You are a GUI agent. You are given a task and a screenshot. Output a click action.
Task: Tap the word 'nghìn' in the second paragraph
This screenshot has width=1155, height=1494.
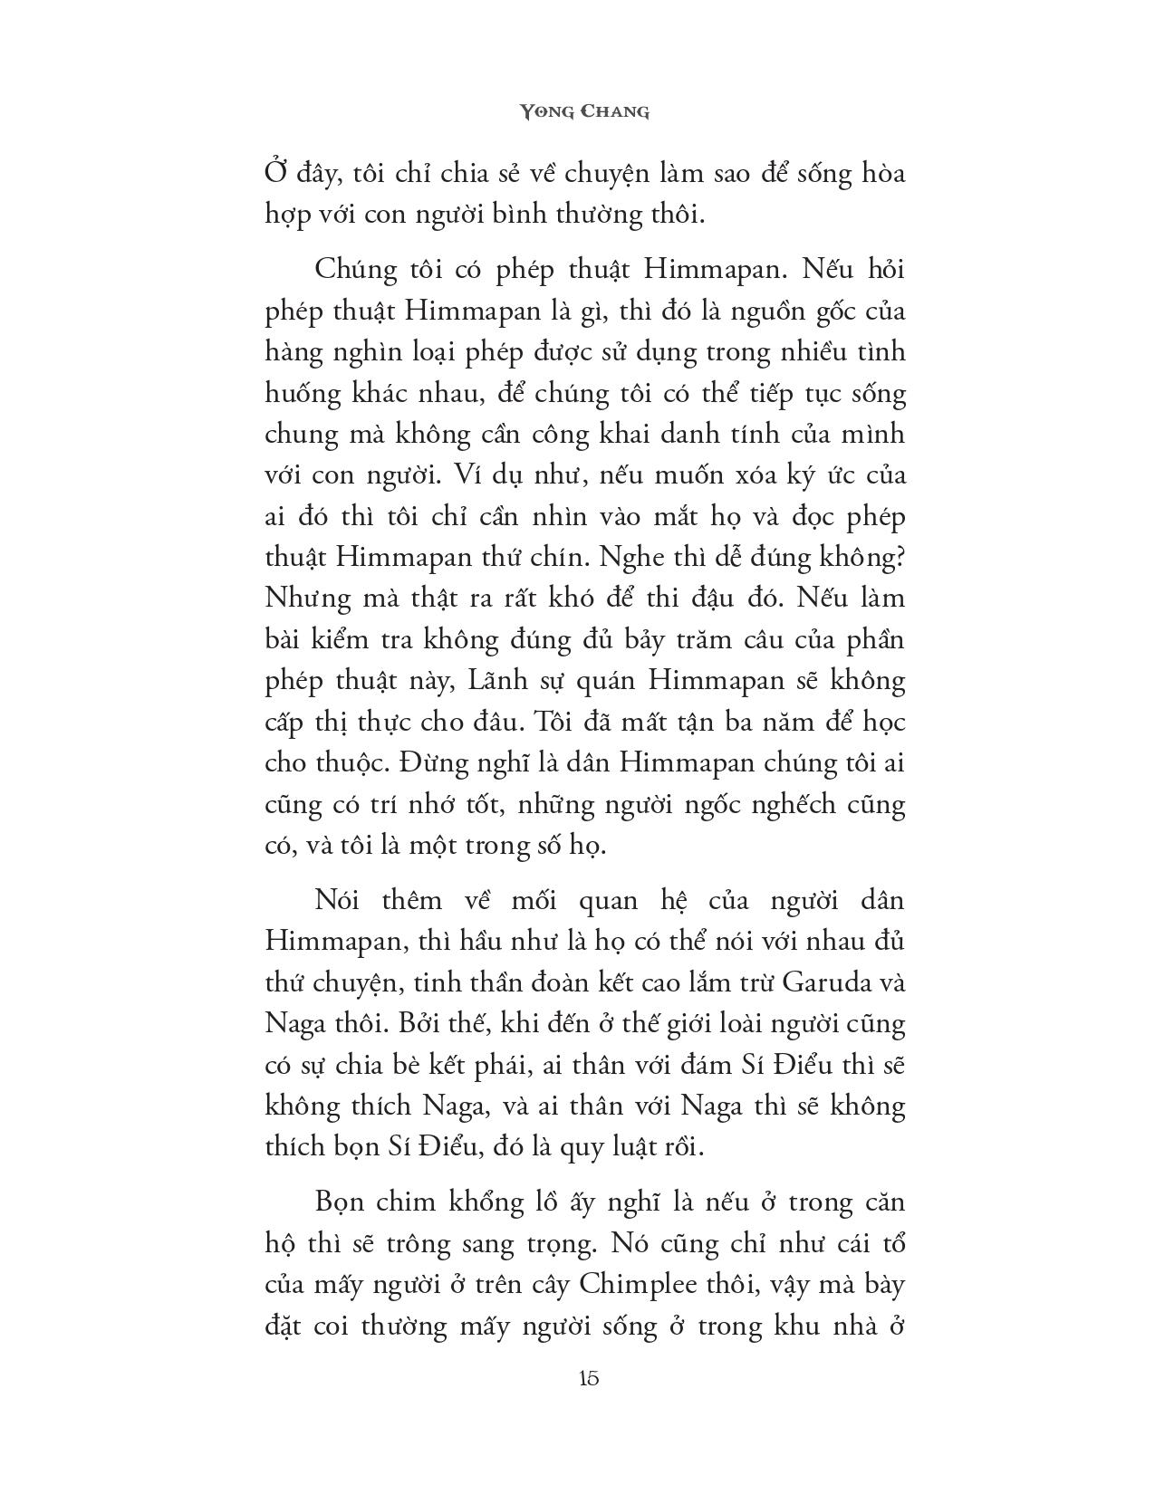tap(360, 351)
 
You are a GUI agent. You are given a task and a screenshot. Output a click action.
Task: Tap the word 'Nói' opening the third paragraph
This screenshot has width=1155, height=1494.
tap(338, 900)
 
